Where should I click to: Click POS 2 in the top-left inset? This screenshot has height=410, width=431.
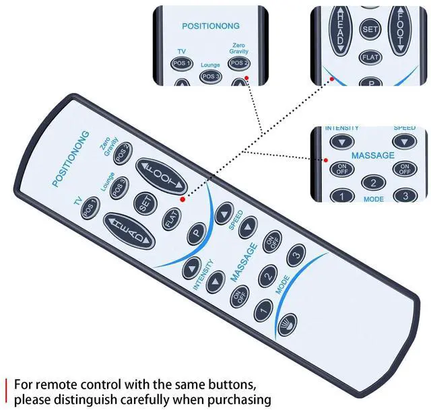238,63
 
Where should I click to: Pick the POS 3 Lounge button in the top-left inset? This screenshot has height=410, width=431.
209,75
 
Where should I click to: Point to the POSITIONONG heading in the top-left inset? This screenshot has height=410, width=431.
209,26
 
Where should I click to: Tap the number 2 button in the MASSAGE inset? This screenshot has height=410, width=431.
372,182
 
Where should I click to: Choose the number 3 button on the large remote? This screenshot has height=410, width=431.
295,256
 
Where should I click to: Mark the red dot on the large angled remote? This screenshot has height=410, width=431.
182,200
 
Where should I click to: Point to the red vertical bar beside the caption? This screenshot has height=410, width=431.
7,392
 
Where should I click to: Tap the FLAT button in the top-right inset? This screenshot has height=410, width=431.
370,57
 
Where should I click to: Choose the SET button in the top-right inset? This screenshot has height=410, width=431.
370,29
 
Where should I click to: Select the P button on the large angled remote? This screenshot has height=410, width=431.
196,233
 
